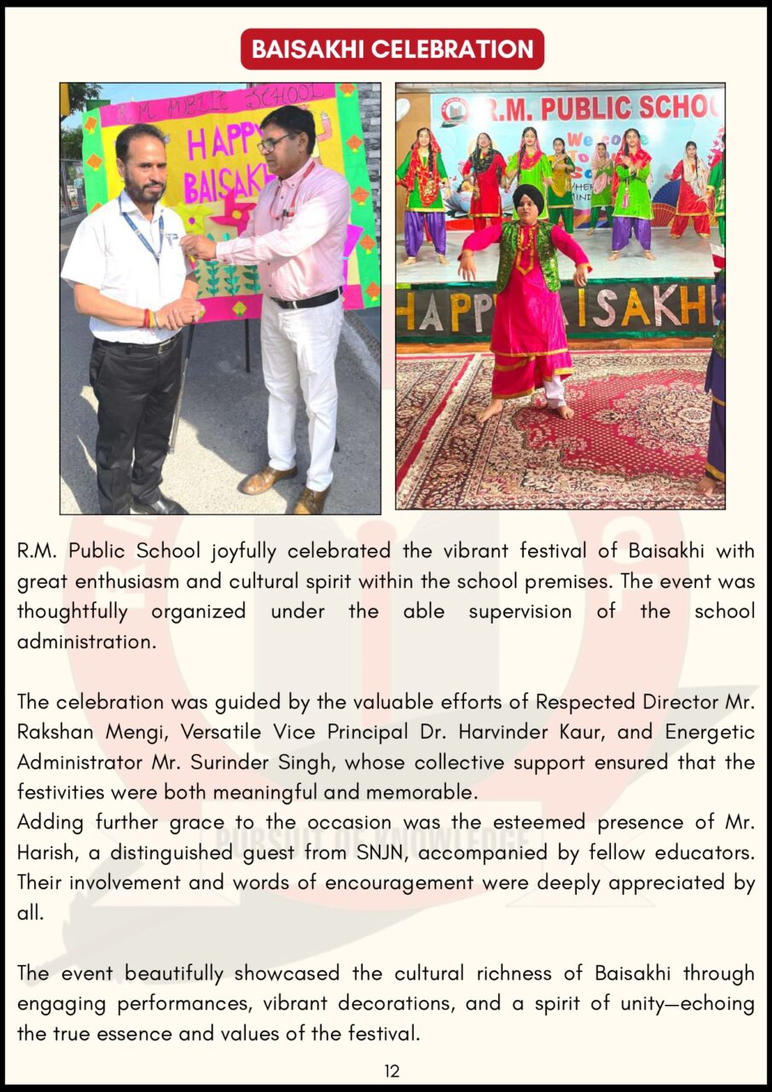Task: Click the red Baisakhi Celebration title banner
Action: point(392,49)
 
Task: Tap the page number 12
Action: point(392,1072)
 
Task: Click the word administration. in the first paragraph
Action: point(87,642)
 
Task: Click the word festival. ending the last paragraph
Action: point(376,1034)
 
